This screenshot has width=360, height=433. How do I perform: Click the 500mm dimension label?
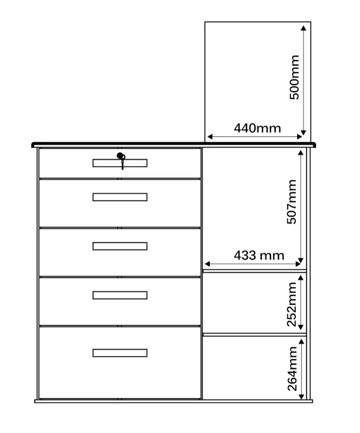295,77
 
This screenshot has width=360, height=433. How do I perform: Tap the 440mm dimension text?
257,128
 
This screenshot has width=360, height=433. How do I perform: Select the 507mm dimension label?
292,202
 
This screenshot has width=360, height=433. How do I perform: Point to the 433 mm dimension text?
259,255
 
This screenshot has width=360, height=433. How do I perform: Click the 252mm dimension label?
292,304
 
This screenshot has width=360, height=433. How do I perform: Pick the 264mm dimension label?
292,369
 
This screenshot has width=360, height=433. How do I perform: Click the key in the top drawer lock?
121,161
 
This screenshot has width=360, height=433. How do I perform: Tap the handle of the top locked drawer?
120,163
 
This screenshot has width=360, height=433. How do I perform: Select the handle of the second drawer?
120,197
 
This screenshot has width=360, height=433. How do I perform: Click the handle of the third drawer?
120,246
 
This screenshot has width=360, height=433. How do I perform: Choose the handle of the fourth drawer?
120,295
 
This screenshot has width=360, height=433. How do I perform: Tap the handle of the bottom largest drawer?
120,353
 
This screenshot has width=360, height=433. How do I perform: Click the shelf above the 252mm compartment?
254,271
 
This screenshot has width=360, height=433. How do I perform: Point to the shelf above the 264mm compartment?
254,335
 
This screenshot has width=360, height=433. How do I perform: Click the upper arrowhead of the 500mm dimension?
304,28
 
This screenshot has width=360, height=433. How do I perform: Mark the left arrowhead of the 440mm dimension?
209,136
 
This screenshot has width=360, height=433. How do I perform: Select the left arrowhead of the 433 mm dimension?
208,264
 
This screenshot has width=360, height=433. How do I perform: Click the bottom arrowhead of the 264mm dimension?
302,396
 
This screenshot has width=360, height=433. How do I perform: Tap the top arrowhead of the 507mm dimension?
301,153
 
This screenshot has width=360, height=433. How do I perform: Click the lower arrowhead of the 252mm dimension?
301,327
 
